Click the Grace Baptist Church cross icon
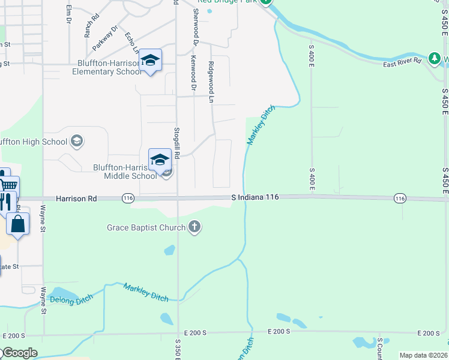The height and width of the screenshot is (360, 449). coord(194,227)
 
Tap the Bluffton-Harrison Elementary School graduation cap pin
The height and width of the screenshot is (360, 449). coord(151,61)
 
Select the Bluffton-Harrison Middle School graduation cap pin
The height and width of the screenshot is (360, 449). coord(160,160)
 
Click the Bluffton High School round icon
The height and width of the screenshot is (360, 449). coord(76,142)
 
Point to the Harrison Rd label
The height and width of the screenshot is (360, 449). coord(76,198)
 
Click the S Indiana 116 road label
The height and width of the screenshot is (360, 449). coord(255,197)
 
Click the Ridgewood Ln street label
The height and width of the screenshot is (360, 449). coord(211,82)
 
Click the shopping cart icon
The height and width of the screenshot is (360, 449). coord(8,185)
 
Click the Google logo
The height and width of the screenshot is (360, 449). coord(19,352)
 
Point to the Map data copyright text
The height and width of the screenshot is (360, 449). coord(423,355)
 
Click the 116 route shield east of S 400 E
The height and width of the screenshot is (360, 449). coord(400,198)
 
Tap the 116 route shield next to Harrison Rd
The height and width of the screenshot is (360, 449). coord(127,198)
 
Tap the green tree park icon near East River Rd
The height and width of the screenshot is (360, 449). coord(434,58)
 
